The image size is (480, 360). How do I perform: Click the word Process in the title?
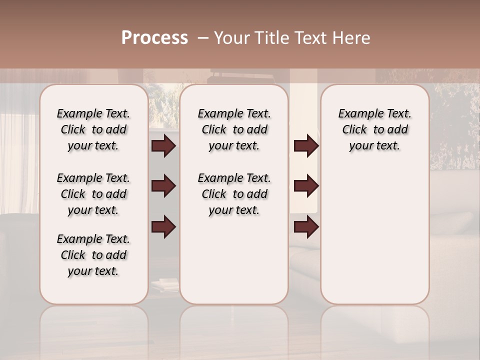(x=154, y=38)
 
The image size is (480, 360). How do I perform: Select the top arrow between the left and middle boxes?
(x=163, y=146)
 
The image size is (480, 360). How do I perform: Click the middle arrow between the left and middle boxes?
(x=163, y=186)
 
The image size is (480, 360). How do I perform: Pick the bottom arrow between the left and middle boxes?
(x=163, y=226)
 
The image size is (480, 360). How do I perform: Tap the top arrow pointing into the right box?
(x=306, y=146)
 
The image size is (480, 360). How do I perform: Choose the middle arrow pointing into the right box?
(x=306, y=186)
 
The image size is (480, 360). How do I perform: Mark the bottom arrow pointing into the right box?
(x=306, y=226)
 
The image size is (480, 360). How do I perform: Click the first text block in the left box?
(x=93, y=129)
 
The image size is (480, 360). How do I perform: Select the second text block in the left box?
(x=93, y=194)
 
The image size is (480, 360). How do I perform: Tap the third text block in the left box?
(x=93, y=255)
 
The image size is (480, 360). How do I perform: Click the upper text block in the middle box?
(x=234, y=129)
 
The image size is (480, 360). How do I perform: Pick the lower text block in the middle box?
(x=234, y=194)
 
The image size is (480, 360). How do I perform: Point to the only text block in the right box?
(x=374, y=129)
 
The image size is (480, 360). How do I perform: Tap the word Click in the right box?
(x=354, y=130)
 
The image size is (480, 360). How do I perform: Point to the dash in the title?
(x=203, y=38)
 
